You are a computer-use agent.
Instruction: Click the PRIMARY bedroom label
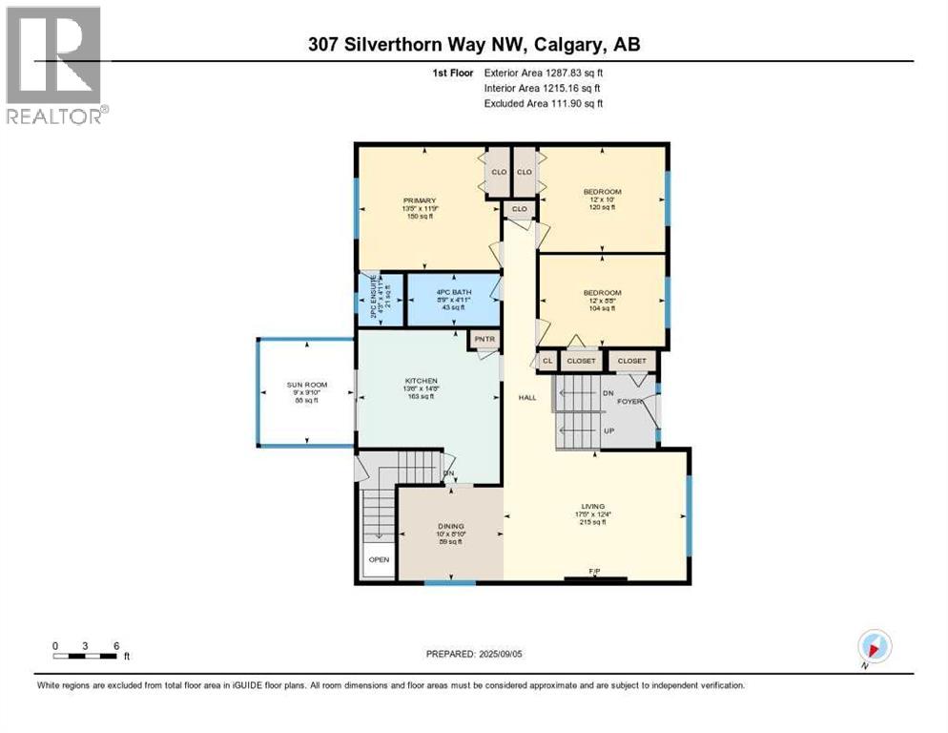pyautogui.click(x=419, y=200)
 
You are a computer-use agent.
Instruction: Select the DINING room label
pyautogui.click(x=450, y=526)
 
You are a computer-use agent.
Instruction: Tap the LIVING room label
pyautogui.click(x=594, y=507)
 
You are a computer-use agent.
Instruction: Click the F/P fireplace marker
pyautogui.click(x=594, y=572)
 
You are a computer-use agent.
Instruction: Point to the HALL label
pyautogui.click(x=526, y=397)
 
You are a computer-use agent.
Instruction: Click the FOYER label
pyautogui.click(x=629, y=402)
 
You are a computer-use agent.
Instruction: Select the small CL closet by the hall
pyautogui.click(x=547, y=361)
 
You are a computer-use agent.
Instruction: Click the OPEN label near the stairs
pyautogui.click(x=379, y=559)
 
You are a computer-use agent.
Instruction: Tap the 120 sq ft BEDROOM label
pyautogui.click(x=602, y=192)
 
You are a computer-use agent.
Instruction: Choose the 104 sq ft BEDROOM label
pyautogui.click(x=602, y=293)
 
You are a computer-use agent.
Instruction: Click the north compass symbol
pyautogui.click(x=874, y=647)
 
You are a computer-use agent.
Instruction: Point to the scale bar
pyautogui.click(x=86, y=656)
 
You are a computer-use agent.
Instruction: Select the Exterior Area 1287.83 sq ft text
pyautogui.click(x=544, y=73)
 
